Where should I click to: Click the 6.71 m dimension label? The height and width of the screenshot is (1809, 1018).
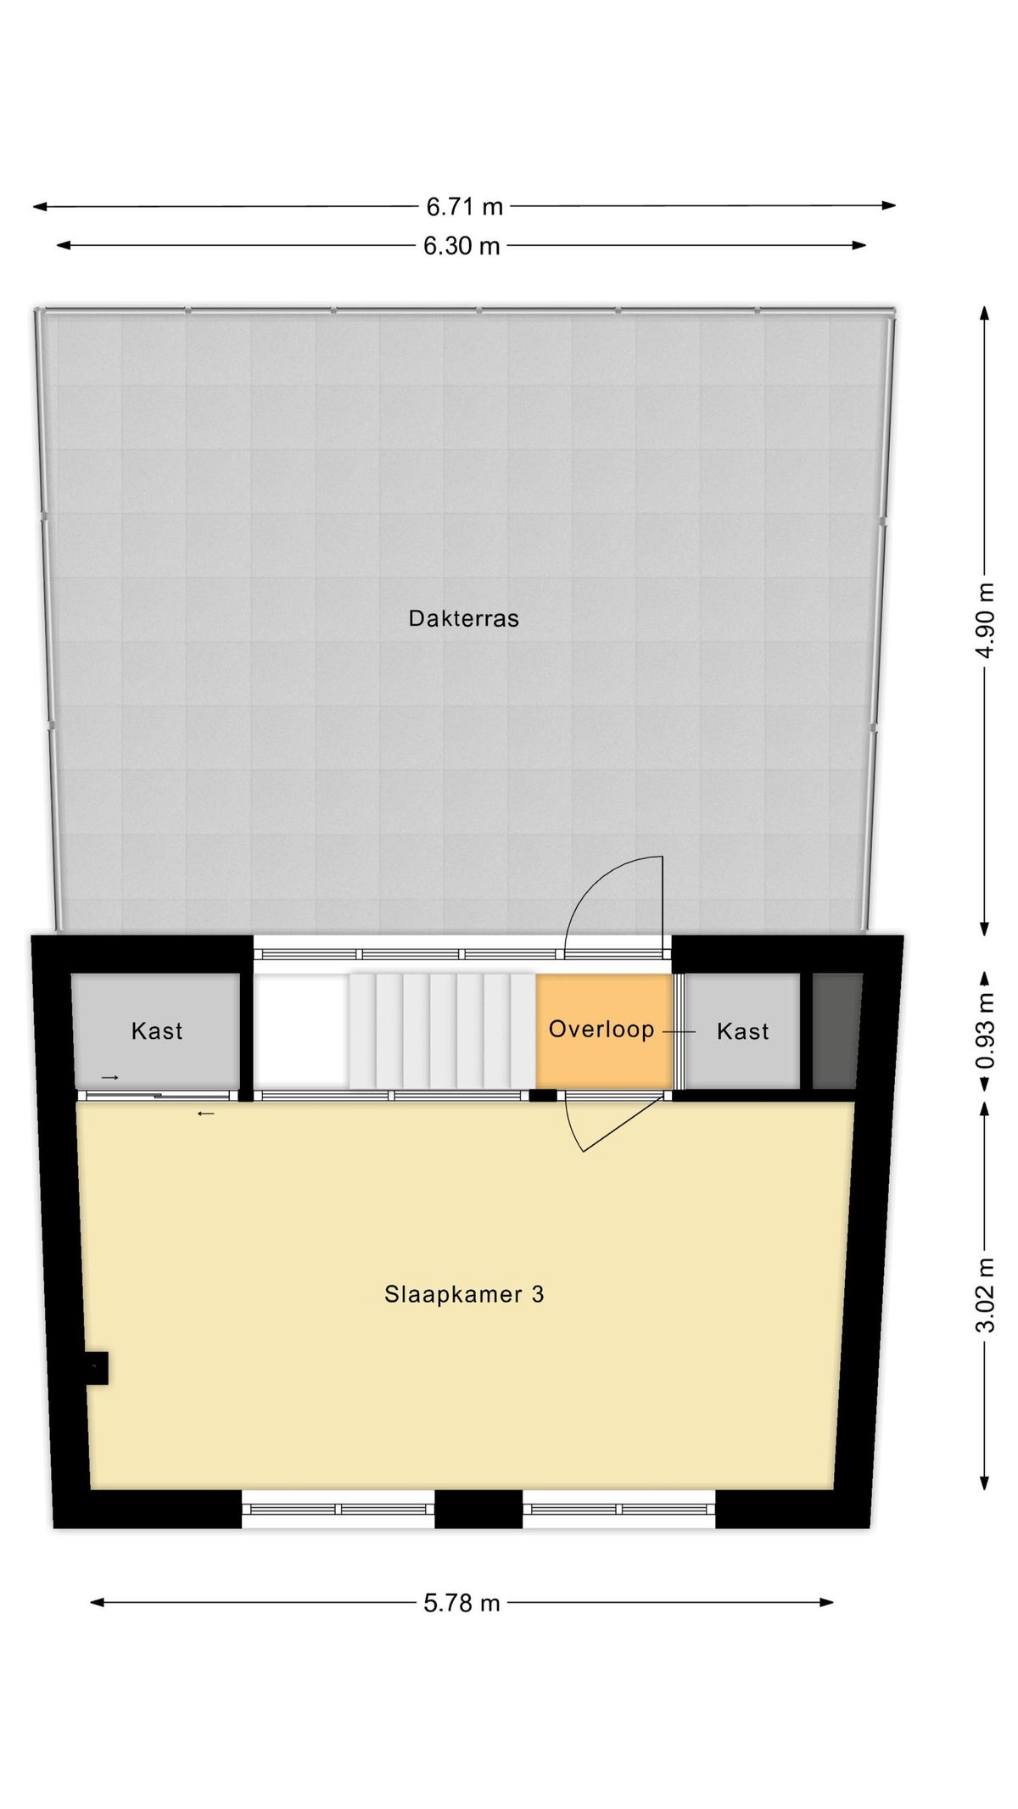pos(464,206)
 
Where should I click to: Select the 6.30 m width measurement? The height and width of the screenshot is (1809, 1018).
pos(461,246)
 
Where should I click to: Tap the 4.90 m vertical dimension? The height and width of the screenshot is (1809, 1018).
pos(985,620)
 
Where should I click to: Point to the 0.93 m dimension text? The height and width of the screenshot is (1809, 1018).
pos(985,1031)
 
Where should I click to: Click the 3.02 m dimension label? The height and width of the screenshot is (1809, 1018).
pos(985,1295)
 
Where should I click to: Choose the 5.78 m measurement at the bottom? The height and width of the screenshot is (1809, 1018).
pos(461,1603)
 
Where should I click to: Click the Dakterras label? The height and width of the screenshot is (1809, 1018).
pos(463,618)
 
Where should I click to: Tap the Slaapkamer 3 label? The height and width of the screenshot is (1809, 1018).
pos(464,1294)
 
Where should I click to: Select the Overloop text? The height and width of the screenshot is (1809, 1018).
pos(601,1029)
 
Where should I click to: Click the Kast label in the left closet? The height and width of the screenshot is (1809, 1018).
pos(157,1030)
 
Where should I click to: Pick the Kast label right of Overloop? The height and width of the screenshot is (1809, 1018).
pos(742,1030)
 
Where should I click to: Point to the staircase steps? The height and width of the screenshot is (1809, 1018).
pos(442,1030)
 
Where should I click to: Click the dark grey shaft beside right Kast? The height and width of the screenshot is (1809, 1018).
pos(837,1030)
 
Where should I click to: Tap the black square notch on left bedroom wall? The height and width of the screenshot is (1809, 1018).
pos(97,1368)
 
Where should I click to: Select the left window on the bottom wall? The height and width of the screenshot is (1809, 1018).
pos(338,1509)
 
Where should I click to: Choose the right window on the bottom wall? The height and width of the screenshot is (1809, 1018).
pos(619,1509)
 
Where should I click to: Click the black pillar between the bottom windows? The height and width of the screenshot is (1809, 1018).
pos(478,1509)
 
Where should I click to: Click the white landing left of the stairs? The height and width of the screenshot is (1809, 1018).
pos(301,1030)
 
